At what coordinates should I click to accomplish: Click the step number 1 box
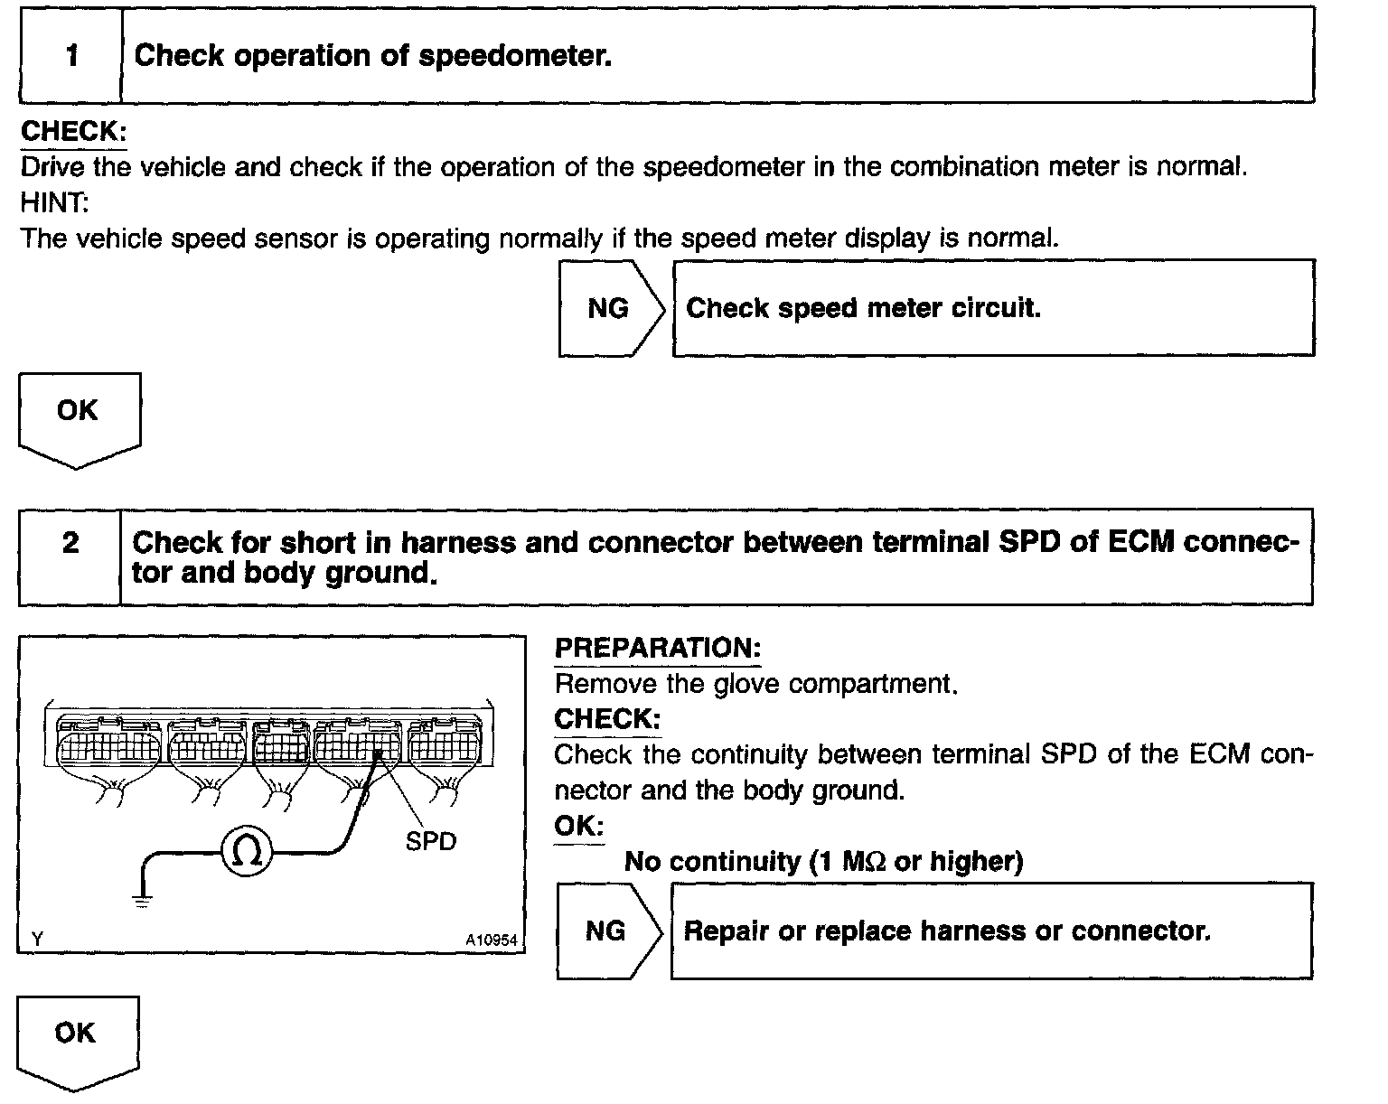70,56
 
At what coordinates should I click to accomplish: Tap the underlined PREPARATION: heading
657,648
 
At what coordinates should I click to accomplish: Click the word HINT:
54,202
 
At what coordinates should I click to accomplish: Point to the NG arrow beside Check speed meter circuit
610,309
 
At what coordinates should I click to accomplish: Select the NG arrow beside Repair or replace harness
607,931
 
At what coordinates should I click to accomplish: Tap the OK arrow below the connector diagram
77,1039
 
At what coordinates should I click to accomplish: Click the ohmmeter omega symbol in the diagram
248,851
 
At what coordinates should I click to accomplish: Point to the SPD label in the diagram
431,842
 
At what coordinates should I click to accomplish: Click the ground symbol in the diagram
142,899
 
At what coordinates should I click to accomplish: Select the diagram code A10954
492,940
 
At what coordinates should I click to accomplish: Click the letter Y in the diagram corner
37,940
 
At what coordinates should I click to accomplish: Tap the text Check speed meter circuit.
863,309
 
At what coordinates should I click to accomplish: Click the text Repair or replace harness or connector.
946,931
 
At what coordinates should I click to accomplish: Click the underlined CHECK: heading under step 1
73,132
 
